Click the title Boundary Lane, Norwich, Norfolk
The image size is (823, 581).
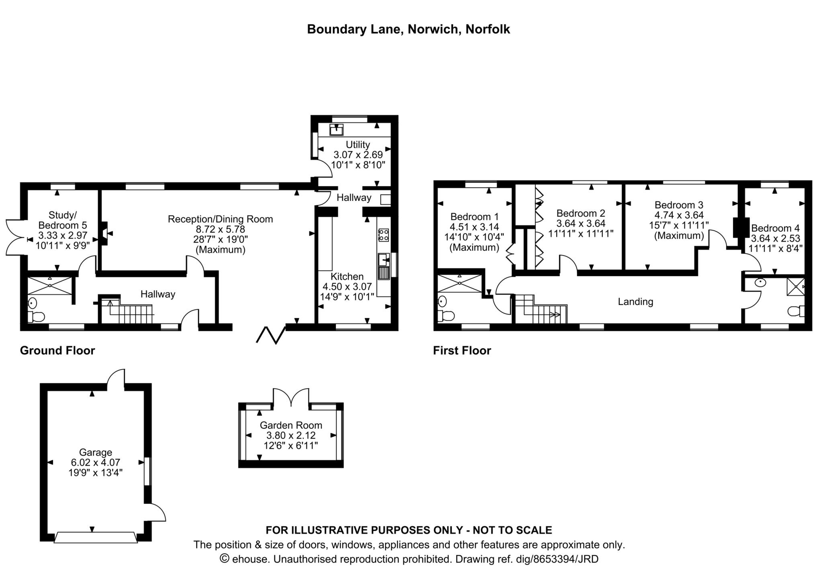click(x=408, y=29)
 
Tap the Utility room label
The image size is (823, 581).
click(x=358, y=144)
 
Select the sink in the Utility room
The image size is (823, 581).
click(x=336, y=130)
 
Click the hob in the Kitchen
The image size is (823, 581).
click(x=383, y=235)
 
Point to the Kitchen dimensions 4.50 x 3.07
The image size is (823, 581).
click(x=347, y=286)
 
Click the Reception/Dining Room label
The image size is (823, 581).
click(x=220, y=219)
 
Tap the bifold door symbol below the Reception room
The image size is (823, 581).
click(x=270, y=335)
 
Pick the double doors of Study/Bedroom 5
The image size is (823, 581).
click(x=14, y=237)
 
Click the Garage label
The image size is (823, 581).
click(x=95, y=452)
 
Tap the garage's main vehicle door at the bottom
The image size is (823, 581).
click(x=96, y=537)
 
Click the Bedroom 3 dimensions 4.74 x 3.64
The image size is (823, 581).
click(x=679, y=215)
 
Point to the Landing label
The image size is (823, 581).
click(x=635, y=301)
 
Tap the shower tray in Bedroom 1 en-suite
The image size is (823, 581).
click(x=459, y=283)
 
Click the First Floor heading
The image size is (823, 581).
click(x=462, y=351)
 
